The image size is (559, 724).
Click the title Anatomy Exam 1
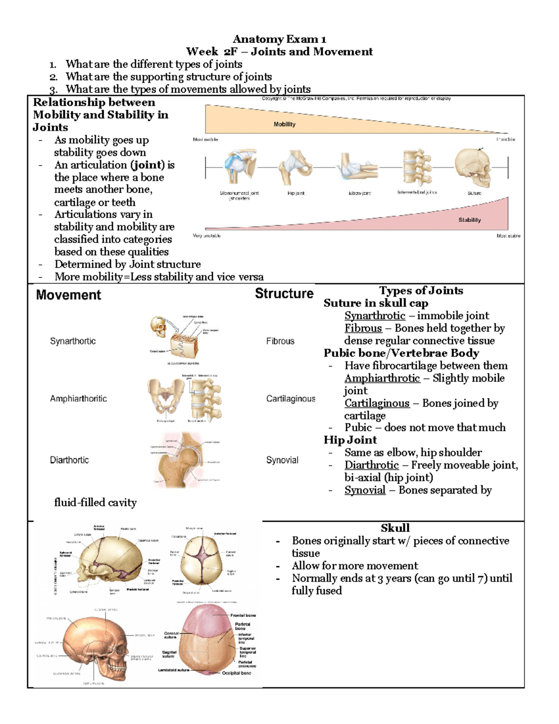pos(279,39)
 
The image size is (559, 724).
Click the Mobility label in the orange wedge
pos(284,124)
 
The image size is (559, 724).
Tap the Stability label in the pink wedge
pos(469,220)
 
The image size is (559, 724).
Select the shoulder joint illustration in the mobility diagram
pos(239,166)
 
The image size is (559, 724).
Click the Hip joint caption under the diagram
pos(296,193)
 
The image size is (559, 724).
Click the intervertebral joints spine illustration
pos(417,167)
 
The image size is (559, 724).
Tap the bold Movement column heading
pos(68,295)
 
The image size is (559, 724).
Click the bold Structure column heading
pos(284,294)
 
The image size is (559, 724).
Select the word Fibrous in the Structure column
pos(280,341)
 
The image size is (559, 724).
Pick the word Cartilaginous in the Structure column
pos(291,399)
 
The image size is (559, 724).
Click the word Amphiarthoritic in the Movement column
pos(78,399)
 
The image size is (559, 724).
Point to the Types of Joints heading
pos(421,291)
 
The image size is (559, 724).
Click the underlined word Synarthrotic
pos(375,316)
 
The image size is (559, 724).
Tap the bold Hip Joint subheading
pos(350,440)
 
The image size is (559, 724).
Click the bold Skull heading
pos(395,528)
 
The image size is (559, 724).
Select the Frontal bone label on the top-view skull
pos(243,615)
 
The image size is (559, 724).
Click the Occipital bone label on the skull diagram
pos(236,673)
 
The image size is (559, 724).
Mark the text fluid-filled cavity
pos(95,503)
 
